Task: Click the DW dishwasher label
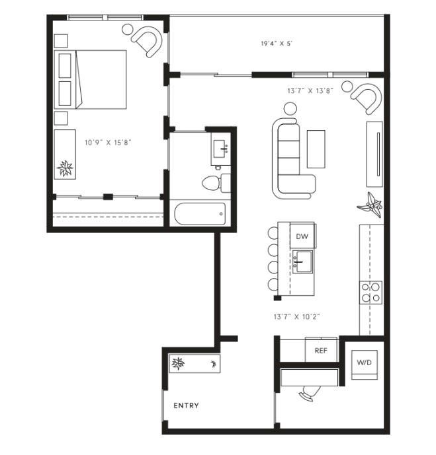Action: pos(302,236)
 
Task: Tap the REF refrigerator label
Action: pos(322,351)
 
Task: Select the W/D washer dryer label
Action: pos(365,363)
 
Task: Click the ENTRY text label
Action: pos(186,405)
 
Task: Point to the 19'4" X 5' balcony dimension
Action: pos(277,44)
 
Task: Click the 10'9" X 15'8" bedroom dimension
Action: pos(104,142)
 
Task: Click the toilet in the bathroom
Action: pos(213,182)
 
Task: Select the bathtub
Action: pos(200,213)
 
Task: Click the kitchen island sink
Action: pos(304,262)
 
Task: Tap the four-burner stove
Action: pos(371,291)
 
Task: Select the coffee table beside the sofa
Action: pos(316,149)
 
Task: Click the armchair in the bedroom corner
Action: pos(146,42)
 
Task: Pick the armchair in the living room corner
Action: pos(365,98)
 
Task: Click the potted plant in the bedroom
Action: pos(65,168)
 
